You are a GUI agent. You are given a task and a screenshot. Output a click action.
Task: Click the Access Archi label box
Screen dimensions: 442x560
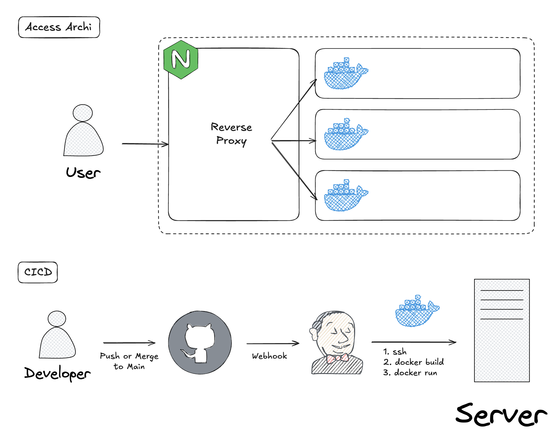[x=59, y=27]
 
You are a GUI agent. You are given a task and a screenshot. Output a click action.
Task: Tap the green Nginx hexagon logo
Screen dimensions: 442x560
[x=181, y=60]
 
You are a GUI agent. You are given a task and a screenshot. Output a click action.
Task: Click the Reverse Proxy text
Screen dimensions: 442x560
[x=232, y=134]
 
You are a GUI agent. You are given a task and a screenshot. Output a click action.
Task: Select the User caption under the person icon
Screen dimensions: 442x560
[x=83, y=173]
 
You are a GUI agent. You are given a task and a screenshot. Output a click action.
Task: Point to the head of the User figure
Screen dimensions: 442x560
[x=83, y=113]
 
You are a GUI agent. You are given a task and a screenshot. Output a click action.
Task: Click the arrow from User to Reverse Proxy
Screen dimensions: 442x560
[x=145, y=144]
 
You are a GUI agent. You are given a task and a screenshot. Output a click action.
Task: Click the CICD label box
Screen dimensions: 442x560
[x=38, y=272]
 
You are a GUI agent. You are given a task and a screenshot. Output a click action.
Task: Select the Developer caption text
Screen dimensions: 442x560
[x=57, y=373]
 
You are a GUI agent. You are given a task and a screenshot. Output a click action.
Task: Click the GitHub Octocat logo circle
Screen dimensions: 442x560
[x=200, y=343]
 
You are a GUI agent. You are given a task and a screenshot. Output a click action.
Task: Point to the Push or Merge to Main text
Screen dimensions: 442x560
[x=129, y=361]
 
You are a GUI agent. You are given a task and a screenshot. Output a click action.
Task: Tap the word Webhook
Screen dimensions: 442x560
[x=269, y=356]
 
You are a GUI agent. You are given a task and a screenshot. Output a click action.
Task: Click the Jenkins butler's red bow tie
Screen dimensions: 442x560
[x=337, y=358]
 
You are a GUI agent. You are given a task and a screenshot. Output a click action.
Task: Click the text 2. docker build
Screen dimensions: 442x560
[x=414, y=362]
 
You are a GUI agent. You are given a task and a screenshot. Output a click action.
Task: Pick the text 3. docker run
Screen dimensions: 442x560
[x=410, y=373]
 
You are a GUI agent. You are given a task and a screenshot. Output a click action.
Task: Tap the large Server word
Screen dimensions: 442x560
[x=501, y=415]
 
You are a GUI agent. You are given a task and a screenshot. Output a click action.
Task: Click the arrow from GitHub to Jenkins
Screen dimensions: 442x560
[x=272, y=343]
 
